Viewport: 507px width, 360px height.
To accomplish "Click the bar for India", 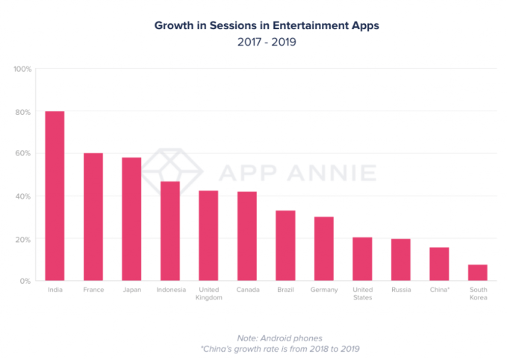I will (x=55, y=196).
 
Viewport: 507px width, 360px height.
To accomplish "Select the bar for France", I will (x=93, y=217).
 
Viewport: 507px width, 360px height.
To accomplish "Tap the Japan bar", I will (x=131, y=219).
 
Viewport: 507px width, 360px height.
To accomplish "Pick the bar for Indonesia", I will (x=169, y=231).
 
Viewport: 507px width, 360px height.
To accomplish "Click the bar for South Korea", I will (x=478, y=273).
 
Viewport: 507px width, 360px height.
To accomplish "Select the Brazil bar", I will (x=285, y=245).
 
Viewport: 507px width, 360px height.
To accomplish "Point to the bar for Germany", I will (x=324, y=249).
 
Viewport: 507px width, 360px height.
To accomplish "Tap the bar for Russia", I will (x=401, y=260).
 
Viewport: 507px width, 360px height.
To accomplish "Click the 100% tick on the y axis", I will (x=22, y=69).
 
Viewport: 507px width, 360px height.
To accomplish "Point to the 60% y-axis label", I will (x=22, y=154).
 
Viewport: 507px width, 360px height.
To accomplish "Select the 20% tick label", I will (x=22, y=239).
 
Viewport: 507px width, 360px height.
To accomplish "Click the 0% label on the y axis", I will (x=25, y=282).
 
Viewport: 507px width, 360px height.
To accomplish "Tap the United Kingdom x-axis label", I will (x=208, y=294).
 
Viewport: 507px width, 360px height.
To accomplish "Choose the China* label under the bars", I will (x=439, y=290).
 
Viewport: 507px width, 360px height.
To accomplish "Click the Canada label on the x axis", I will (x=247, y=290).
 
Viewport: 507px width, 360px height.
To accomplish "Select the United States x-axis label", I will (x=362, y=294).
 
